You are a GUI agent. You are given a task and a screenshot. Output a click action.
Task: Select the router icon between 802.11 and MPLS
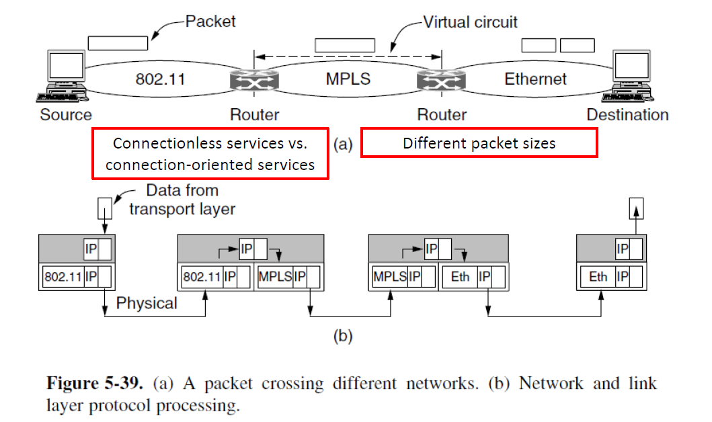point(254,80)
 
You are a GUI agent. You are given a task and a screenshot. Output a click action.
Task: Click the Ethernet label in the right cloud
point(535,79)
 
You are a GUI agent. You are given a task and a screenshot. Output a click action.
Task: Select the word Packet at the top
point(210,22)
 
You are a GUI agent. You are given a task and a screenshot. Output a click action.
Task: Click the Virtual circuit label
point(471,22)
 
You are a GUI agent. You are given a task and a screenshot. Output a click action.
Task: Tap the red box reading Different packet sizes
point(479,143)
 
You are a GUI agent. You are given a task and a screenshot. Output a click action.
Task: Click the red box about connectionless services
point(210,153)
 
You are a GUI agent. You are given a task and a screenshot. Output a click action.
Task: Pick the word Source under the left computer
point(66,114)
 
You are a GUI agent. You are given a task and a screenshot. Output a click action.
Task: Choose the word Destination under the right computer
point(627,114)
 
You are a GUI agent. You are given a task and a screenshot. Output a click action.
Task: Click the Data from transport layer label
point(182,200)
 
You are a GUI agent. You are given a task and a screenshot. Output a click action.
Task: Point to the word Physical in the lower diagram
point(147,303)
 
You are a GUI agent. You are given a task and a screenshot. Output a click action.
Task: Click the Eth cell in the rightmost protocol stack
point(598,276)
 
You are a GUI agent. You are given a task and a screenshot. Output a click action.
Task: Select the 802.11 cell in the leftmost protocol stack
point(63,276)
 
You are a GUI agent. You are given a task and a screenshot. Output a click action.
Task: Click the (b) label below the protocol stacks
point(344,336)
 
